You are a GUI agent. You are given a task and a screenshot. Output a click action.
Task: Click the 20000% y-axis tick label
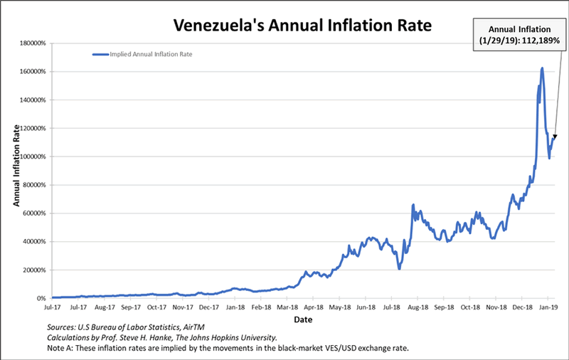34,270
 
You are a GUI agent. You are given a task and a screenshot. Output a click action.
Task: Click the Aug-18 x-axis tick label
418,308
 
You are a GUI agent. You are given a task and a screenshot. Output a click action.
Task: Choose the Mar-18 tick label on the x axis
287,308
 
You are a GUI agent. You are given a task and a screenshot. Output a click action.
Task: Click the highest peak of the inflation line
542,68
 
